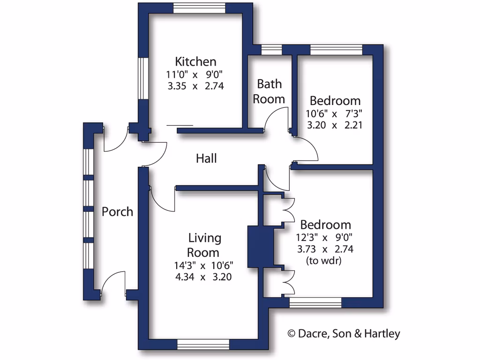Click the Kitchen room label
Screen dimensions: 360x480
(195, 61)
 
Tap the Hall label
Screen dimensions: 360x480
(206, 159)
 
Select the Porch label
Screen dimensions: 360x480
(117, 212)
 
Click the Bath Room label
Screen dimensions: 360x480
(269, 91)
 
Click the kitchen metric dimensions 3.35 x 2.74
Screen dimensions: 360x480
(195, 86)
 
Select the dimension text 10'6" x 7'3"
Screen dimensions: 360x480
(335, 113)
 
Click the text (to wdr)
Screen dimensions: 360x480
(323, 261)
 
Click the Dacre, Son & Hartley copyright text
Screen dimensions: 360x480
(344, 334)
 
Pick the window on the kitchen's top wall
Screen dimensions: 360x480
(199, 8)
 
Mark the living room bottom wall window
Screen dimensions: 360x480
(203, 345)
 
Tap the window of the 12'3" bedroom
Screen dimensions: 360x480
(315, 303)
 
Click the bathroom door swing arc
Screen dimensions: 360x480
(276, 117)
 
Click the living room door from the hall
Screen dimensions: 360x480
(163, 199)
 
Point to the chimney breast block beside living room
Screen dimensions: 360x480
(260, 247)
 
